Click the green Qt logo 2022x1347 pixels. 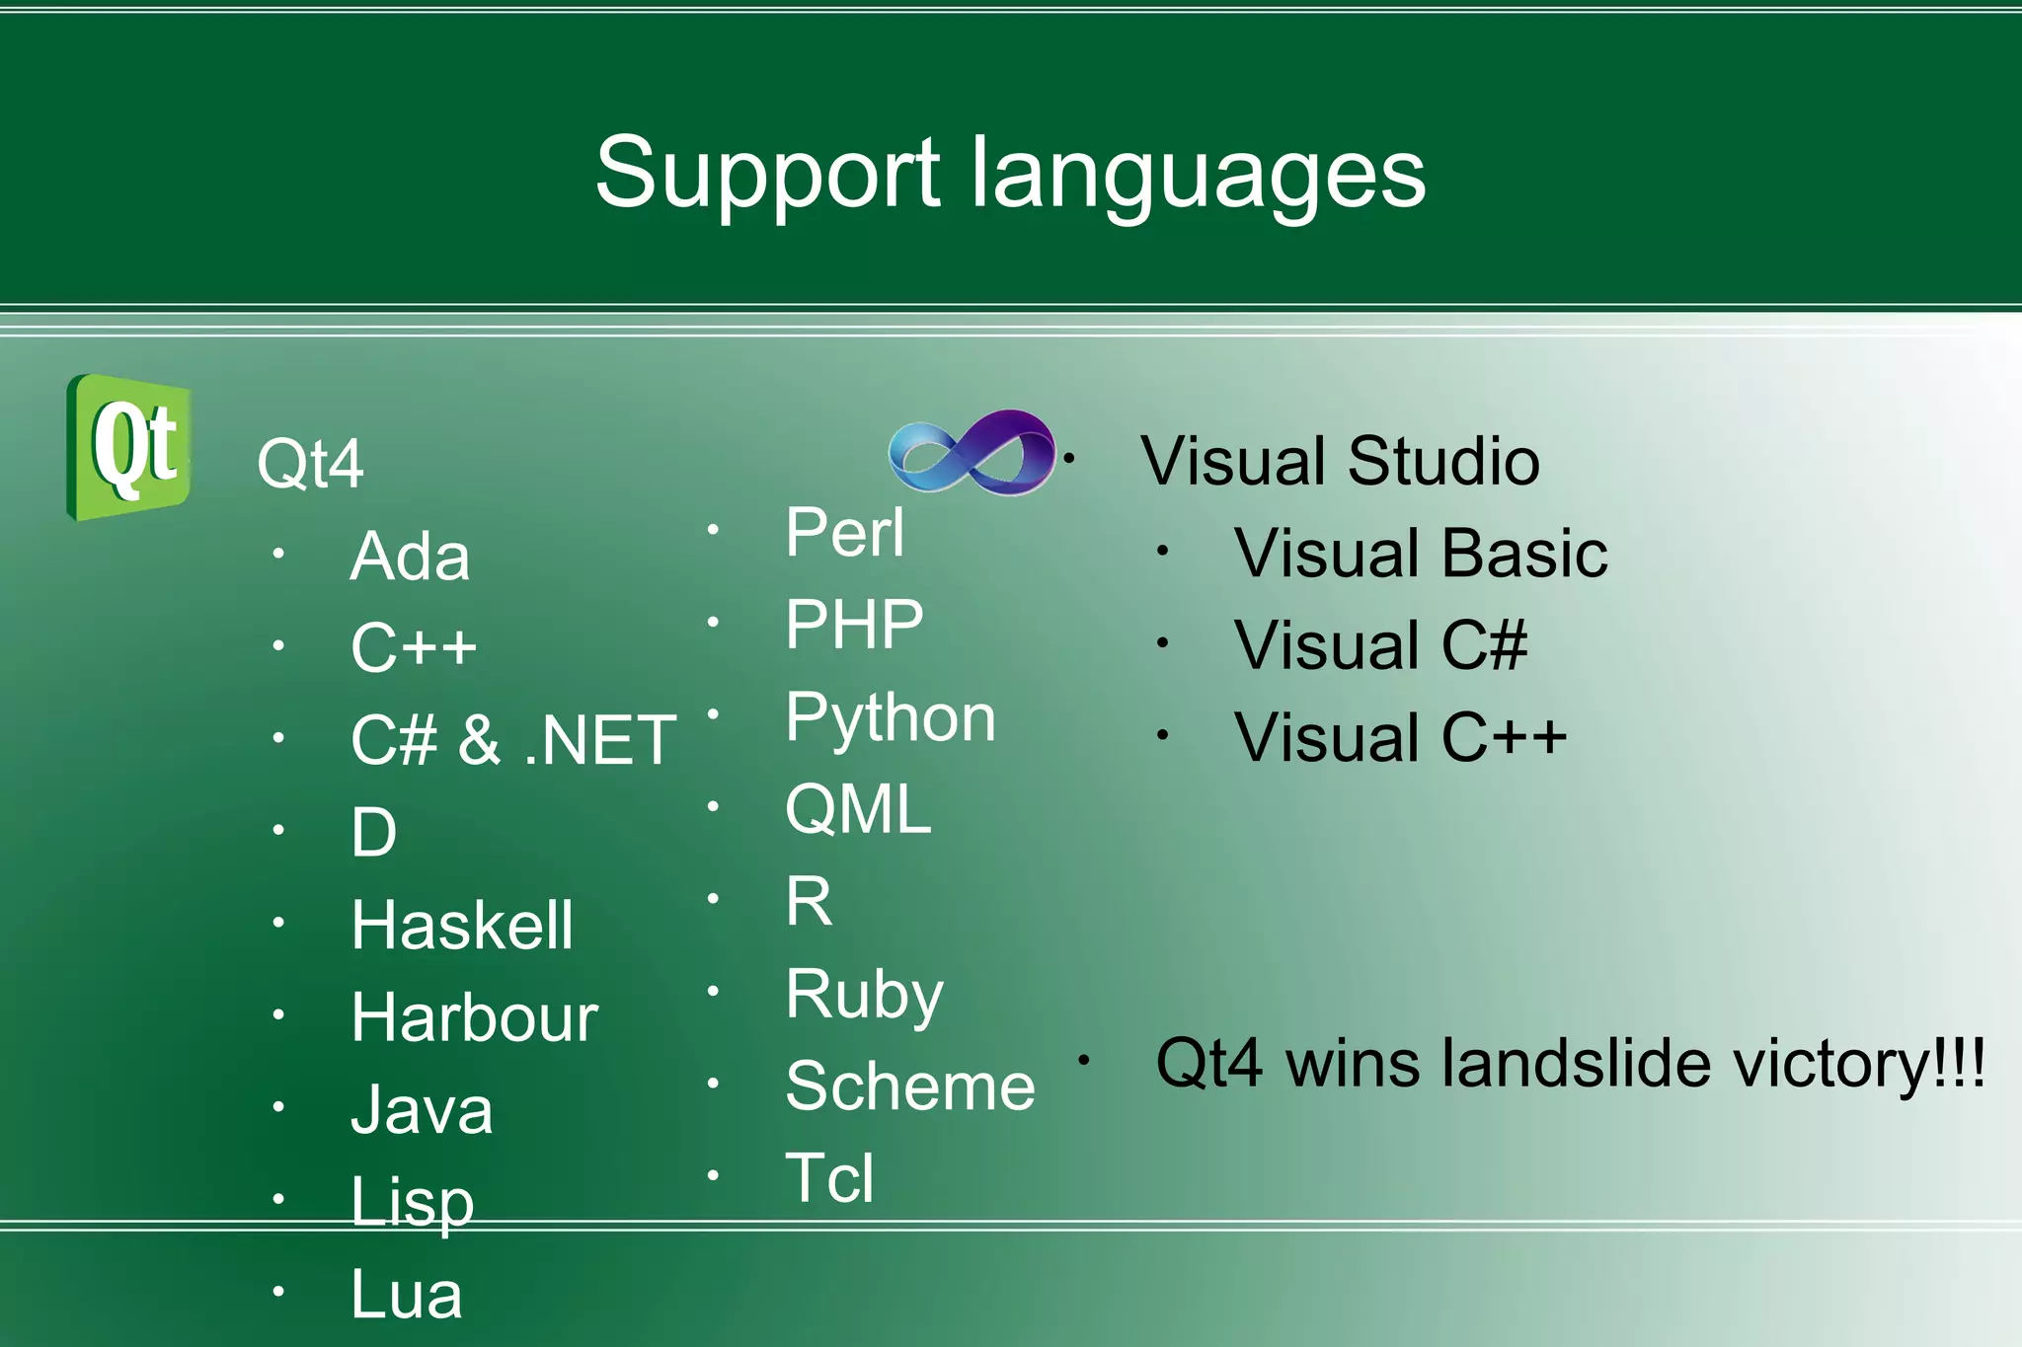(x=128, y=447)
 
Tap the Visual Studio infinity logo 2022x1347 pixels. (x=972, y=453)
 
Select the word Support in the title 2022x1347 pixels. (x=767, y=175)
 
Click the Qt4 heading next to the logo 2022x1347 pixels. (x=310, y=464)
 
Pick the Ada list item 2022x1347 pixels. (x=410, y=557)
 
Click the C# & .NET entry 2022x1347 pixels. (x=513, y=740)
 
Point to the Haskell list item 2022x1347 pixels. (x=462, y=925)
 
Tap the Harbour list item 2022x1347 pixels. (x=475, y=1017)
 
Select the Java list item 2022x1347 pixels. (x=422, y=1110)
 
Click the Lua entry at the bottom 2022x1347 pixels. (x=407, y=1294)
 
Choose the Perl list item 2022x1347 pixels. (x=845, y=533)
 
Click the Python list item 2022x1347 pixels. (x=891, y=718)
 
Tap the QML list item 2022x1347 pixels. (x=858, y=809)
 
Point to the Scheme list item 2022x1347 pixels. (x=910, y=1086)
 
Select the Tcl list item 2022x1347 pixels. (x=829, y=1178)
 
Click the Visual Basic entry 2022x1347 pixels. (x=1421, y=553)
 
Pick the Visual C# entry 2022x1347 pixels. (x=1380, y=645)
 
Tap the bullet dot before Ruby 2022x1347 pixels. (x=713, y=990)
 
